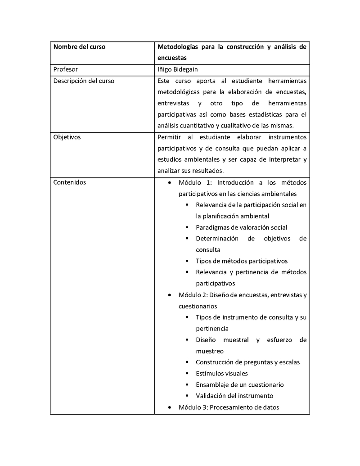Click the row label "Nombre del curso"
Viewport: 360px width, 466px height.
tap(79, 47)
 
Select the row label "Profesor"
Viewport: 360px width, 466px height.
tap(65, 69)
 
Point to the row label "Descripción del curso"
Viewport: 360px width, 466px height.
tap(84, 81)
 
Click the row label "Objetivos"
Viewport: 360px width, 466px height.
tap(67, 137)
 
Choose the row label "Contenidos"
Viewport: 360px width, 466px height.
tap(70, 182)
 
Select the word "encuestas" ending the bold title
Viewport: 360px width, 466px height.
tap(172, 58)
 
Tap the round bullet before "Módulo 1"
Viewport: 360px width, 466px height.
tap(169, 183)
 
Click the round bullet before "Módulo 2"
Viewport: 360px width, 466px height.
tap(169, 295)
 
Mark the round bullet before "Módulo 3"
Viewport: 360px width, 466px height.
tap(169, 407)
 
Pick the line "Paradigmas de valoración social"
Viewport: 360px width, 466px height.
tap(241, 227)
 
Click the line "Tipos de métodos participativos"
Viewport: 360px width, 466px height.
tap(241, 261)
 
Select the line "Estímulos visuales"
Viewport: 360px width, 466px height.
tap(221, 373)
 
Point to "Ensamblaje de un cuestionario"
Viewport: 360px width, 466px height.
tap(239, 385)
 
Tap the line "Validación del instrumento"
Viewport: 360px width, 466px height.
tap(234, 396)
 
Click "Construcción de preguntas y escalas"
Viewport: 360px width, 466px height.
tap(247, 362)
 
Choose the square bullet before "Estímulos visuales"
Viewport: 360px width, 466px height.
tap(187, 373)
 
